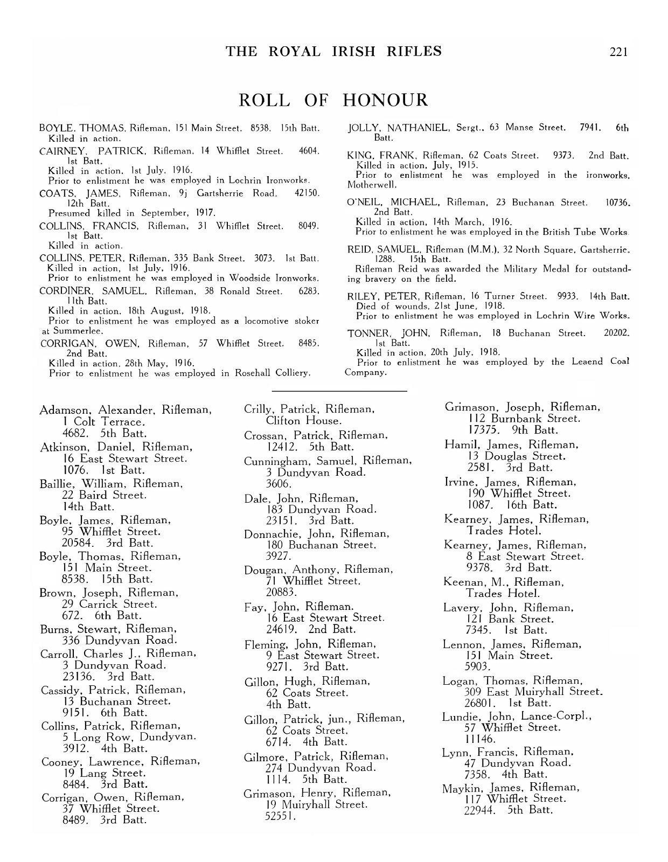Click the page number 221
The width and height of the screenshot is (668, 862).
point(618,52)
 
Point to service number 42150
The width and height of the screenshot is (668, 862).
point(308,193)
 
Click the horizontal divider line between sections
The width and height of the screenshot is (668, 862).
point(339,390)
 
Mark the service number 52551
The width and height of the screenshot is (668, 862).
point(281,817)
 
